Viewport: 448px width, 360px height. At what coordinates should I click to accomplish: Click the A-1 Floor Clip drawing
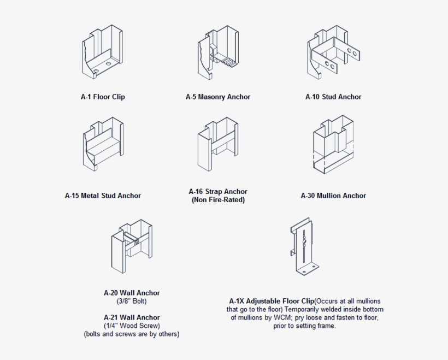tap(103, 52)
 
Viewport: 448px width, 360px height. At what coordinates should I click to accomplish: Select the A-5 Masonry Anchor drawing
tap(218, 52)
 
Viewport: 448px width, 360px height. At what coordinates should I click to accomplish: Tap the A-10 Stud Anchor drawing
tap(333, 52)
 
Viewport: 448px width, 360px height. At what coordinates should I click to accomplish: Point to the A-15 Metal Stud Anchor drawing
tap(103, 143)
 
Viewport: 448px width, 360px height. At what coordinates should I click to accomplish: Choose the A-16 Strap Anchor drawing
tap(218, 143)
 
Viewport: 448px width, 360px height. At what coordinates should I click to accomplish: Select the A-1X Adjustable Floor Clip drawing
tap(304, 246)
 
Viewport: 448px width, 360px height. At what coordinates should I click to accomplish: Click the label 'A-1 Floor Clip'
tap(103, 97)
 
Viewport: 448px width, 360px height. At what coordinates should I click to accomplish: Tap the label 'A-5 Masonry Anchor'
tap(218, 97)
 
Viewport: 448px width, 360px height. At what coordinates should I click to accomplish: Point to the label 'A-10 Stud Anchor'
tap(333, 97)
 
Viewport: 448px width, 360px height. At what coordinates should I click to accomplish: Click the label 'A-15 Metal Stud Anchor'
tap(103, 196)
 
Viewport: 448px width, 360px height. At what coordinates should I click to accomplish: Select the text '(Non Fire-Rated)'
tap(218, 200)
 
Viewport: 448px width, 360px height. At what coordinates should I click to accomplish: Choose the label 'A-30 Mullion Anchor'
tap(333, 196)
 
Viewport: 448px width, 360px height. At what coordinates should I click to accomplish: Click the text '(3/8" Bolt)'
tap(132, 301)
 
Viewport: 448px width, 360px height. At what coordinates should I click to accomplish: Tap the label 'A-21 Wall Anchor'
tap(132, 317)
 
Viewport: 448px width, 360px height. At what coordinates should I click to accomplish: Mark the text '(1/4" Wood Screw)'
tap(132, 326)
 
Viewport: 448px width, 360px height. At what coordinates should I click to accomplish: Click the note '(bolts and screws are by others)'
tap(132, 334)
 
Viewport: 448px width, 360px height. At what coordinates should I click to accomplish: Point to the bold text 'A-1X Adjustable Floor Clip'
tap(272, 301)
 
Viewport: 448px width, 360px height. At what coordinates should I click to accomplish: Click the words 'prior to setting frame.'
tap(305, 326)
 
